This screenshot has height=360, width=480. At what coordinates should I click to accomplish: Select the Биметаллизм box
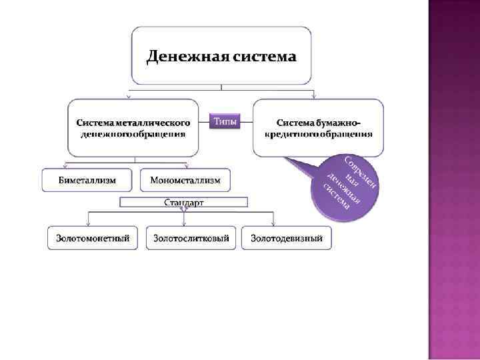click(87, 180)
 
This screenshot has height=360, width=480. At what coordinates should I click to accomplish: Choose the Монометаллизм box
click(185, 180)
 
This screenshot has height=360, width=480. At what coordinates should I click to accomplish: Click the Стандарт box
click(184, 202)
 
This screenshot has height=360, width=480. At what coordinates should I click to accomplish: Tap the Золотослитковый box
click(191, 238)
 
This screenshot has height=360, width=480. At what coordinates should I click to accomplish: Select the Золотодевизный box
click(286, 238)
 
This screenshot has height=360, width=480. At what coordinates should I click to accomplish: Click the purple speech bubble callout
click(344, 187)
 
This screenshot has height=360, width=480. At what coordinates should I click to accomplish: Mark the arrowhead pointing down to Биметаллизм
click(65, 167)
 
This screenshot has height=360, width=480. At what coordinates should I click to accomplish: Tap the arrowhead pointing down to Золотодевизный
click(272, 223)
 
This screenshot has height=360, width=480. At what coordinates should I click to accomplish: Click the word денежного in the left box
click(105, 133)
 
